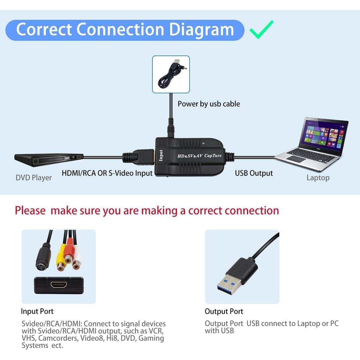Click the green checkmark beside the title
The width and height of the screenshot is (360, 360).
[x=261, y=30]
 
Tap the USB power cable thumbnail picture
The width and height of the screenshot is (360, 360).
[x=171, y=74]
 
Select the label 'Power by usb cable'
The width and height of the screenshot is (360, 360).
[x=209, y=104]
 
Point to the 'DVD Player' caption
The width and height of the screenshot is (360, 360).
[x=34, y=178]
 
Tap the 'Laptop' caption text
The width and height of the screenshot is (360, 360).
[x=318, y=178]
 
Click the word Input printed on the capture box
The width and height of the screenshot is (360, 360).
[x=161, y=155]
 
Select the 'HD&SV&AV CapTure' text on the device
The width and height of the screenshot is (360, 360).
[x=199, y=156]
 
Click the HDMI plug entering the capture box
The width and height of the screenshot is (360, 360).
[x=143, y=157]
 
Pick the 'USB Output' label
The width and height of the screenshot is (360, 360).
[x=254, y=173]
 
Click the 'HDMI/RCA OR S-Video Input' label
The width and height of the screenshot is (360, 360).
[x=107, y=173]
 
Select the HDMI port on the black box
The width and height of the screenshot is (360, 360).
[x=58, y=285]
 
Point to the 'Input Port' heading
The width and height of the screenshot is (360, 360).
[x=37, y=311]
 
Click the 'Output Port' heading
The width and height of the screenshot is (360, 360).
[x=224, y=311]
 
